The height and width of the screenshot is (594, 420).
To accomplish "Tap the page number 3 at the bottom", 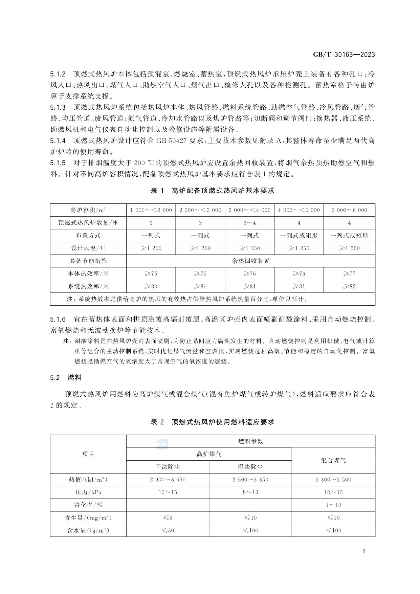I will (363, 550).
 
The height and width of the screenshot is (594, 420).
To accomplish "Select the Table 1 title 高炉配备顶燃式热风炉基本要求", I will (212, 191).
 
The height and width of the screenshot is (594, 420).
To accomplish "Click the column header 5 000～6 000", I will (349, 210).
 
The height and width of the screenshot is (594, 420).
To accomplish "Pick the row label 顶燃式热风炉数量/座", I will (88, 223).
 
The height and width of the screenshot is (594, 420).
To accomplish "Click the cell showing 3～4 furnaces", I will (250, 223).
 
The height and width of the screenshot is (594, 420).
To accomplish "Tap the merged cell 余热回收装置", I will (250, 261).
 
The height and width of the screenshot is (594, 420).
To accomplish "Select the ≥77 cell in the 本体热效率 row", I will (349, 273).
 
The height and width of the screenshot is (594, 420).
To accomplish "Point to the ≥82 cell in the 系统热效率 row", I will (349, 286).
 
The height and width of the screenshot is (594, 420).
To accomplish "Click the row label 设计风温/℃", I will (88, 248).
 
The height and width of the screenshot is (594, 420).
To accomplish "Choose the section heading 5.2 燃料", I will (66, 377).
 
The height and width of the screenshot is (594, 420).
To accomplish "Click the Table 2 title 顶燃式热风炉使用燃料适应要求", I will (212, 422).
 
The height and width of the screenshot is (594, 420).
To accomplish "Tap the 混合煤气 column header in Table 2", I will (333, 460).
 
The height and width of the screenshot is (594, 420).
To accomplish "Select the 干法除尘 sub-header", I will (168, 467).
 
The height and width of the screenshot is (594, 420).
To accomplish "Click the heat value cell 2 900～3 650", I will (168, 480).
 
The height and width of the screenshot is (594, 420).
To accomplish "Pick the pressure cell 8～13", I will (250, 492).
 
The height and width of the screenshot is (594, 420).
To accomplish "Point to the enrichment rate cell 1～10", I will (333, 505).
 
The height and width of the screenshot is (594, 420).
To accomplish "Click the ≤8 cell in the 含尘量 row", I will (168, 518).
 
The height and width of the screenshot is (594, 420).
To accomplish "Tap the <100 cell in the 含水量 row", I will (333, 530).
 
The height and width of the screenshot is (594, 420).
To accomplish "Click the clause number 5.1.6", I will (58, 320).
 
